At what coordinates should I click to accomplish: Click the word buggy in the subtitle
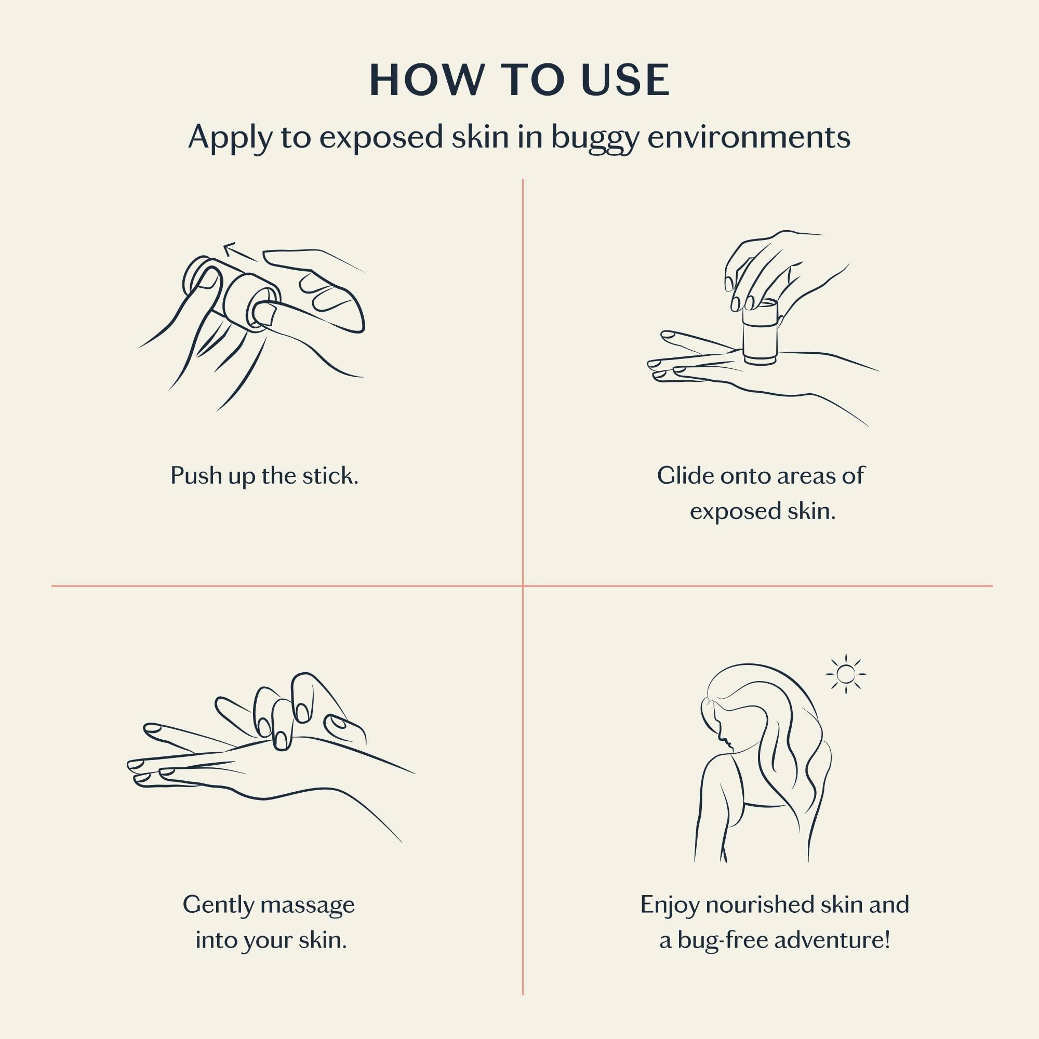click(x=595, y=138)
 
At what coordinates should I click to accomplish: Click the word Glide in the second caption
click(x=685, y=475)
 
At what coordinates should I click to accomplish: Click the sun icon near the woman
click(x=846, y=674)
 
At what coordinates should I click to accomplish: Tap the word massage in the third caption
click(x=307, y=905)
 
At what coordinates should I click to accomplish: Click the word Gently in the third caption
click(x=218, y=905)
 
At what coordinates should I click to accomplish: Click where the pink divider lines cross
click(x=523, y=585)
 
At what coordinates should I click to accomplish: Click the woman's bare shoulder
click(x=718, y=775)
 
